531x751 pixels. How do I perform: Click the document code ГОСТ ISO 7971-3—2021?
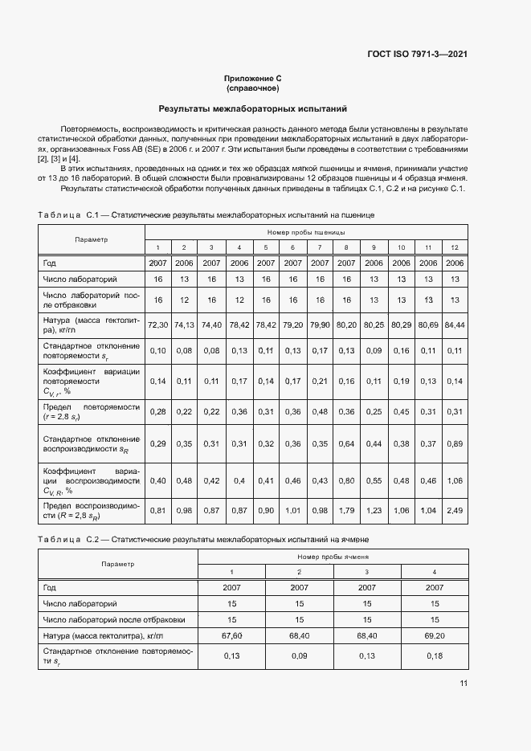(418, 55)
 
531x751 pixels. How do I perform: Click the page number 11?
(464, 684)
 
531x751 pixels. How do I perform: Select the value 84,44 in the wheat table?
(455, 325)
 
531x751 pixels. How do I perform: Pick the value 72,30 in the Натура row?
(158, 325)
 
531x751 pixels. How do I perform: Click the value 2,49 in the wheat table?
(455, 510)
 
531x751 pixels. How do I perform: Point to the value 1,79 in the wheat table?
(346, 510)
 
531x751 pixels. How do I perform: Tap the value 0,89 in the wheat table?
(455, 444)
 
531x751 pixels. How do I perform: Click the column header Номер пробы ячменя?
(333, 556)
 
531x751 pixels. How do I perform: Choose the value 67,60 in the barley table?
(232, 635)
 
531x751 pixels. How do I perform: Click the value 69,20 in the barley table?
(435, 635)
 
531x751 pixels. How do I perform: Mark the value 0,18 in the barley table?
(435, 656)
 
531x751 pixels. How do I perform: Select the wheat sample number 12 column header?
(455, 247)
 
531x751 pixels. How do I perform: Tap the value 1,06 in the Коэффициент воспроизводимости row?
(455, 480)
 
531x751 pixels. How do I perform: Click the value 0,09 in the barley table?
(300, 656)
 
